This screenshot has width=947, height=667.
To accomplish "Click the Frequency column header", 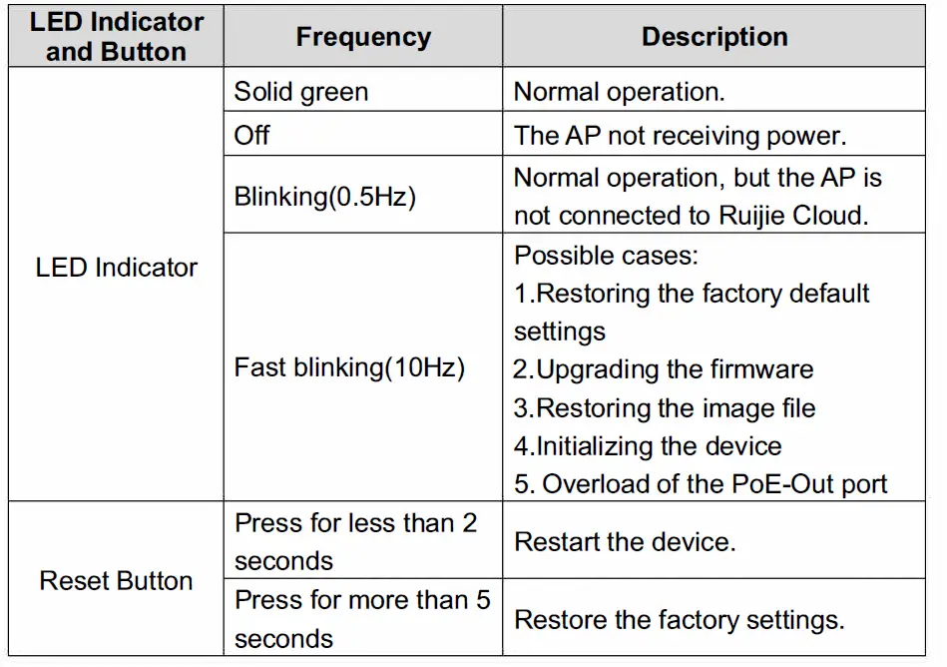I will (363, 38).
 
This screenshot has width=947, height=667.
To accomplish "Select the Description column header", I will (714, 37).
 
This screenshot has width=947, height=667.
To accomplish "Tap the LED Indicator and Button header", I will (116, 37).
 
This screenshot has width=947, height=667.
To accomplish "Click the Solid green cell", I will (301, 92).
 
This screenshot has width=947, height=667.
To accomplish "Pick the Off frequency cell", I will (252, 135).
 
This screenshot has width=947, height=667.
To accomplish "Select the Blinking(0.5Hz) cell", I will (324, 196).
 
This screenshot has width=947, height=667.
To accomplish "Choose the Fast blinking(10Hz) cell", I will (349, 367).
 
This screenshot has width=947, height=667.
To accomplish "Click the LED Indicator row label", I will (116, 268).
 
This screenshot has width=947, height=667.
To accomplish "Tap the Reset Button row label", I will (116, 581).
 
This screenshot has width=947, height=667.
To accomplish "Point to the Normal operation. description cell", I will (619, 92).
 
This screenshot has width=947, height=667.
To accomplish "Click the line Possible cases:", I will (606, 255).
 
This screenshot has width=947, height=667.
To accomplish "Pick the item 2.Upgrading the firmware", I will (664, 369).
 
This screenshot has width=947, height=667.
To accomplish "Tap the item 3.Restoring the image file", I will (665, 407).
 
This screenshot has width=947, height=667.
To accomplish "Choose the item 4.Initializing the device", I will (648, 445).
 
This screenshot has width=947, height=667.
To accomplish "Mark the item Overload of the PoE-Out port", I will (713, 484).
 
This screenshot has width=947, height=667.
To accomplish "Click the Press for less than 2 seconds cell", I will (355, 541).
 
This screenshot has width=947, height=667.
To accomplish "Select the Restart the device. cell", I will (625, 542).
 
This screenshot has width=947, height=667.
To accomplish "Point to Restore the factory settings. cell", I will (679, 619).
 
